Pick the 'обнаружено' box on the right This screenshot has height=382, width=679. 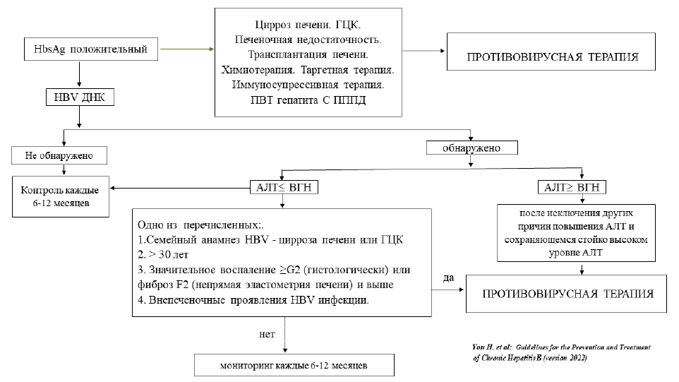472,148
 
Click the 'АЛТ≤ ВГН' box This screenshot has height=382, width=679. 282,189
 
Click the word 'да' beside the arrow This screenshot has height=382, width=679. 447,279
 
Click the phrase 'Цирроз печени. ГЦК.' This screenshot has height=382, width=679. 307,25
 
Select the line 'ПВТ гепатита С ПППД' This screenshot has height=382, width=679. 307,100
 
